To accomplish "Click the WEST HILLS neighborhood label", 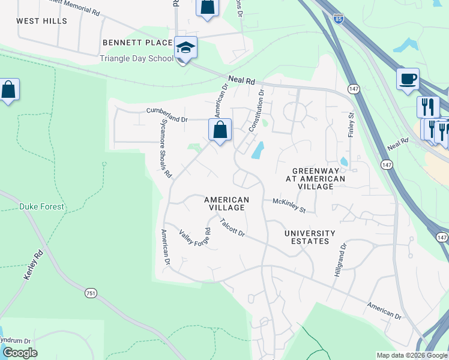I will [41, 21].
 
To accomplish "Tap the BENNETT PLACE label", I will [137, 43].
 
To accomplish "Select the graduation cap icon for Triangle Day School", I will [185, 48].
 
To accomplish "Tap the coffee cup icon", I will [408, 79].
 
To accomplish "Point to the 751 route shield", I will [91, 292].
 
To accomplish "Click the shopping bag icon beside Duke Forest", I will [8, 90].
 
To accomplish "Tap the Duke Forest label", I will [41, 206].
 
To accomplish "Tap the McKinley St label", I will [289, 205].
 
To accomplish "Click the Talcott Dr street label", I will [232, 227].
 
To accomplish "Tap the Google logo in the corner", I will [19, 352].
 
